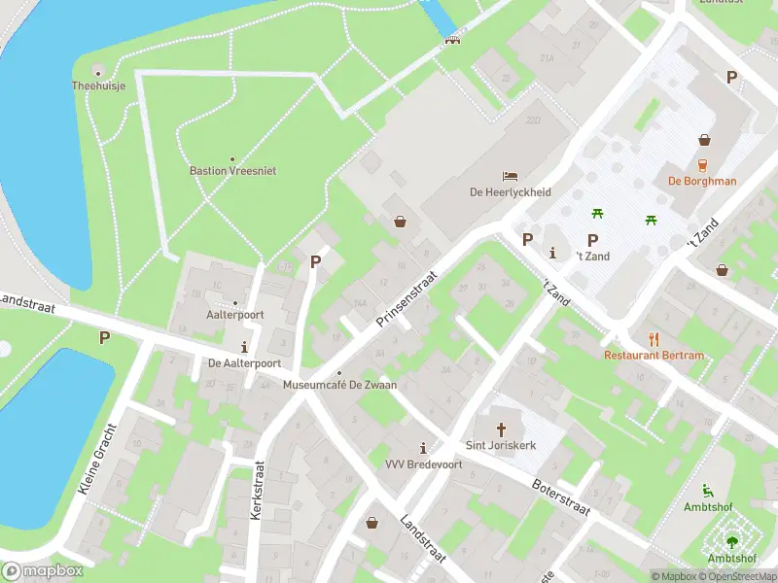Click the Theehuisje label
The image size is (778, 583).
[99, 86]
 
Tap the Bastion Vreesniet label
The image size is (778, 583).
[232, 171]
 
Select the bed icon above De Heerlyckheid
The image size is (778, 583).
[510, 176]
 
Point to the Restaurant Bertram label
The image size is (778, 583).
[654, 356]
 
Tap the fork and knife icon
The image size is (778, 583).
[654, 339]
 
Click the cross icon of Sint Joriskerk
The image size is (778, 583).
[502, 429]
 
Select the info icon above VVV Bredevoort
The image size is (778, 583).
[422, 448]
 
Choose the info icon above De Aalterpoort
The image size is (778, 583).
[244, 347]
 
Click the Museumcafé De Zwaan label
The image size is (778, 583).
[339, 386]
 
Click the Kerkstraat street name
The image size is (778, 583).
[257, 491]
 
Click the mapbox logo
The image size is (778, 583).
[43, 571]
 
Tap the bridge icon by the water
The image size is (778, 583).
[451, 39]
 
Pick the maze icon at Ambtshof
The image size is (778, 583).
[730, 542]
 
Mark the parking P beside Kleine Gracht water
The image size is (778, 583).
[104, 337]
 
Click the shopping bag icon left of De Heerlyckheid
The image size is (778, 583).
[400, 222]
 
